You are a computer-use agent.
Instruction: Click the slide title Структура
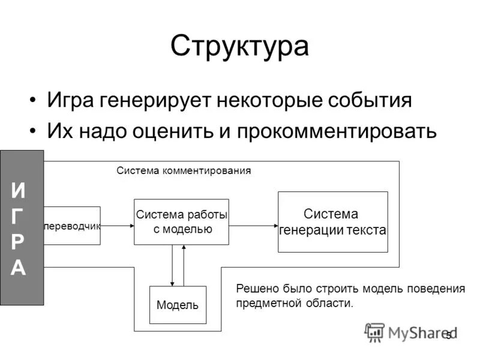pos(239,46)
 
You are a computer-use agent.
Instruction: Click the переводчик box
pos(72,226)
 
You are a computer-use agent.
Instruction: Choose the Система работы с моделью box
pos(181,221)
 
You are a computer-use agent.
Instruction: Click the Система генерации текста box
pos(333,222)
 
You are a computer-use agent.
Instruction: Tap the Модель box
pos(178,305)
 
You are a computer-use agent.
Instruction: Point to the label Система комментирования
pos(183,170)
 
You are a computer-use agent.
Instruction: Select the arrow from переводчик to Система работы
pos(117,226)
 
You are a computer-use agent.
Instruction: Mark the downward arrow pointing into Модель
pos(173,265)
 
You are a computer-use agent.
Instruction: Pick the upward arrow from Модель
pos(184,265)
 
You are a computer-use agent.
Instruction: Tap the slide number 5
pos(448,337)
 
